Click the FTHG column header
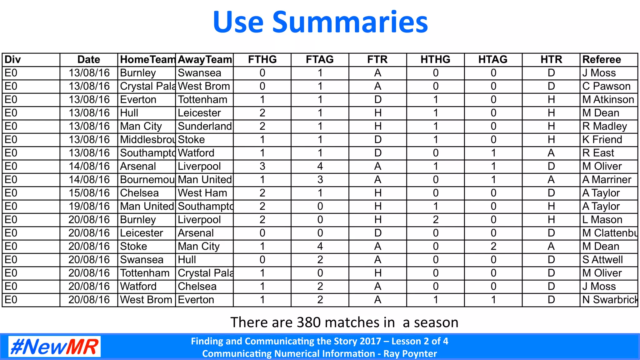[x=262, y=59]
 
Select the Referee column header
[x=602, y=59]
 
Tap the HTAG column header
[x=493, y=59]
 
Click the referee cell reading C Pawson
[x=606, y=86]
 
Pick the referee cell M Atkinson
[x=608, y=100]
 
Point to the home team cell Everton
[x=138, y=100]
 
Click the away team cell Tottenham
[x=202, y=100]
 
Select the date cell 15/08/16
[x=89, y=193]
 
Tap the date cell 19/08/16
[x=89, y=206]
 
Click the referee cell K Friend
[x=602, y=140]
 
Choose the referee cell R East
[x=598, y=153]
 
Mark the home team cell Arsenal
[x=138, y=166]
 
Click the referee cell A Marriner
[x=607, y=180]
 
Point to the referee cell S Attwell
[x=602, y=260]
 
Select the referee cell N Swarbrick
[x=609, y=300]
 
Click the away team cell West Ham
[x=202, y=193]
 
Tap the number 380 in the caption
[x=308, y=322]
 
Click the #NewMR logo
[x=54, y=347]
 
